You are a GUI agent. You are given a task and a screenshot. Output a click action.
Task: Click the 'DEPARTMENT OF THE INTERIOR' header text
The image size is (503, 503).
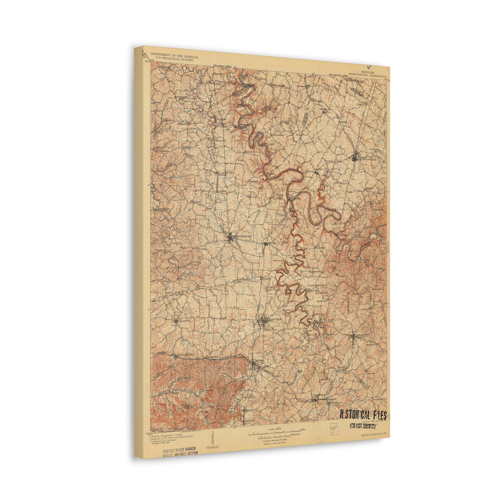[174, 55]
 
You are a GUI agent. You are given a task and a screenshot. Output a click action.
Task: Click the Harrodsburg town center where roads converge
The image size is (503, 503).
[231, 237]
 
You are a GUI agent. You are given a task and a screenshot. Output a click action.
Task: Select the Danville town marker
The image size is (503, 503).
[263, 321]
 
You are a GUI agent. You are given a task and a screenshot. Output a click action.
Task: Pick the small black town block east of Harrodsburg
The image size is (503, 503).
[265, 244]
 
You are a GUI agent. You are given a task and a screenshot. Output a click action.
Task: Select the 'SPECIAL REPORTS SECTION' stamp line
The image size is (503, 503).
[180, 453]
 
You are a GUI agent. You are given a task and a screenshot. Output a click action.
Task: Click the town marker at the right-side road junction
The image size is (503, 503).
[353, 337]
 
